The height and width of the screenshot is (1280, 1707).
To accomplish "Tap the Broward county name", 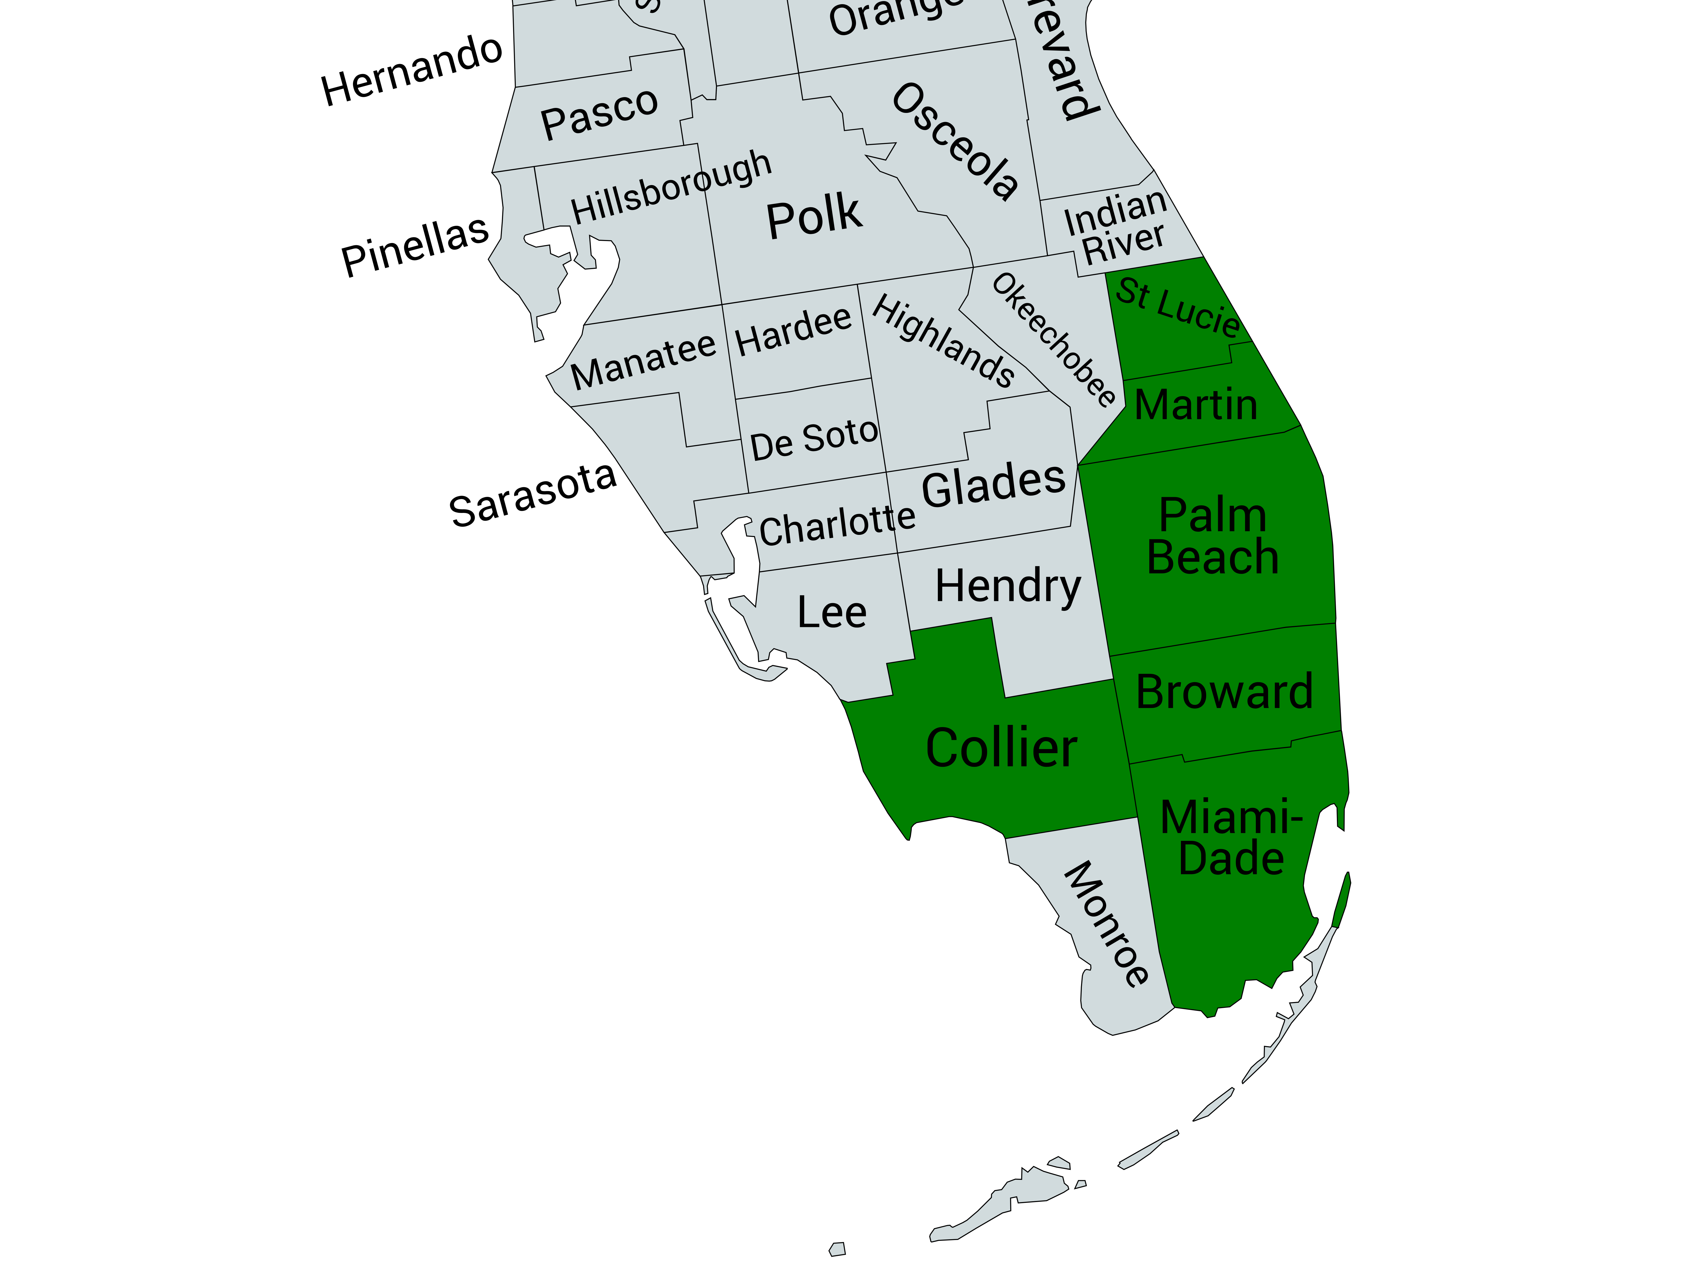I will coord(1224,692).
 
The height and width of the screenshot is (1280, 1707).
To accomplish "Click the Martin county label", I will coord(1196,405).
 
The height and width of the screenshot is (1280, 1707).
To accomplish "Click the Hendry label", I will coord(1008,586).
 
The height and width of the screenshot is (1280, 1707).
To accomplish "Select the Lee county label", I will coord(832,613).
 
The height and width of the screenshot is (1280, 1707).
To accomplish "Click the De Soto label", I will coord(814,440).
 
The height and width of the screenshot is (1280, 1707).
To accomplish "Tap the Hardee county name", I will coord(793,332).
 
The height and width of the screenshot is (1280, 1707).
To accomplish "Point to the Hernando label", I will coord(411,71).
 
